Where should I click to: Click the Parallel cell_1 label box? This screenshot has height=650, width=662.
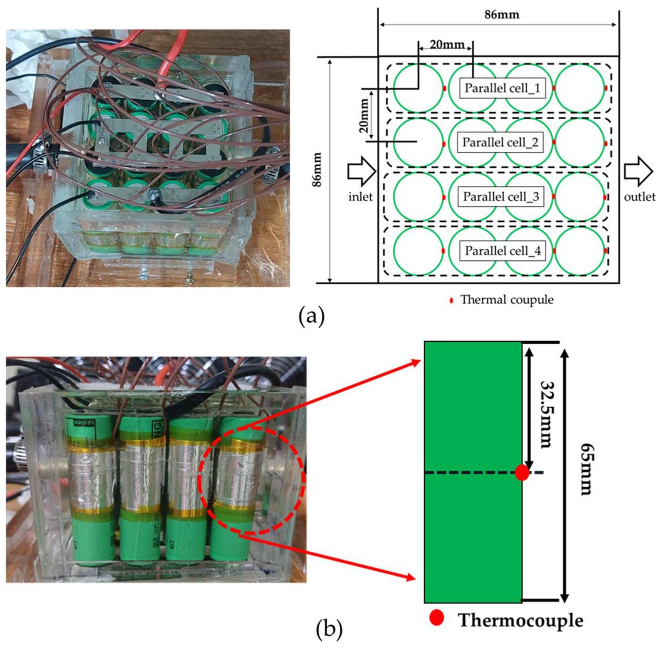[x=503, y=88]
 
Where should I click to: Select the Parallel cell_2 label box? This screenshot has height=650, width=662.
[x=500, y=142]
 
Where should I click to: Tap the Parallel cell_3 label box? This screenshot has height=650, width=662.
[x=501, y=196]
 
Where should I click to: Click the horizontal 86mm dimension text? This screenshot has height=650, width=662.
[x=501, y=15]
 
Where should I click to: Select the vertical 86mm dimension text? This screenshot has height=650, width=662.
[x=318, y=171]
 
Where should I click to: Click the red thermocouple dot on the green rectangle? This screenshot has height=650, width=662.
[x=521, y=472]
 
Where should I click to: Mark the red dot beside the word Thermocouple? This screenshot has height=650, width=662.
[x=436, y=618]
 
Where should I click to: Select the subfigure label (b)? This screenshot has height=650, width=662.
[x=329, y=627]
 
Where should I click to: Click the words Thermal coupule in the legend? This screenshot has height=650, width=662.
[x=506, y=300]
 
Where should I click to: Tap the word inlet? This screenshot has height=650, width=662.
[x=361, y=196]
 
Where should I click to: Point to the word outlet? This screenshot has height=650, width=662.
[x=640, y=196]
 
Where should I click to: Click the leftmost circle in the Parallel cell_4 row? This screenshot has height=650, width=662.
[x=418, y=251]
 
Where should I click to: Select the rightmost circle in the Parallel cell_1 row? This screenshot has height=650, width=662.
[x=579, y=88]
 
